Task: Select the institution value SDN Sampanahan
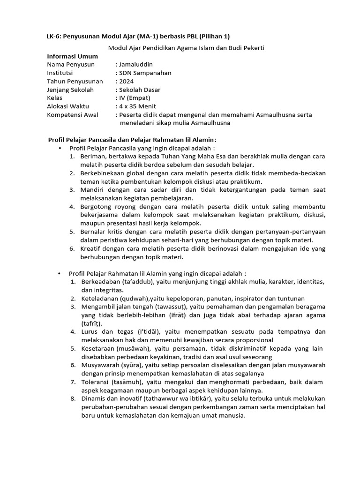point(145,73)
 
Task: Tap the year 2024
point(127,81)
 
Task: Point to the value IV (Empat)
point(135,98)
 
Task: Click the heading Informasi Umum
point(73,56)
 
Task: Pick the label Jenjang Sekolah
point(70,90)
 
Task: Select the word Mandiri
point(92,190)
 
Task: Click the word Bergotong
point(96,207)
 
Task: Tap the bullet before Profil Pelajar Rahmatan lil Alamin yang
point(60,273)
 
